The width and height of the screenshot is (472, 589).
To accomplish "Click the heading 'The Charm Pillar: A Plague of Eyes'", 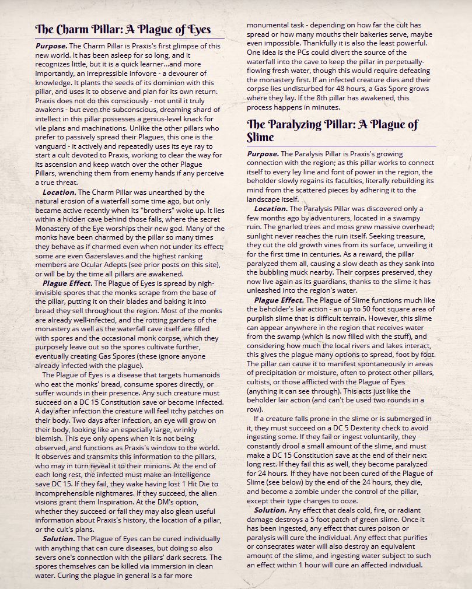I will [x=123, y=29].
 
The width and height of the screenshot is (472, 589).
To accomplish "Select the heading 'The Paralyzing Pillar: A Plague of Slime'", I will [x=333, y=131].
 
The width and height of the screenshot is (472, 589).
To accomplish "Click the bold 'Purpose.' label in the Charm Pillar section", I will [x=51, y=45].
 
